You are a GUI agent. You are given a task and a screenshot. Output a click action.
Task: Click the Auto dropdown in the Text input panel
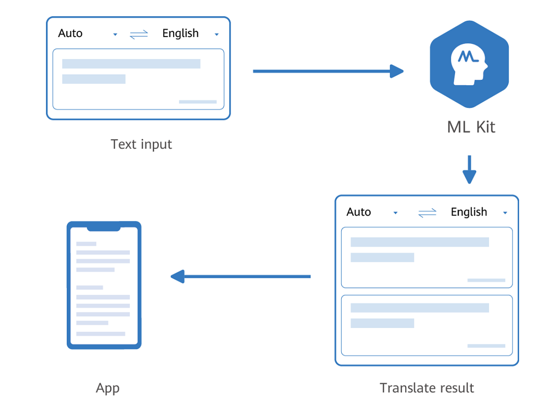[71, 33]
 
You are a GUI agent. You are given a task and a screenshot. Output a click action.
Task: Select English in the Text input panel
[181, 33]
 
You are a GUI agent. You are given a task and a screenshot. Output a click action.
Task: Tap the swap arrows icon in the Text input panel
[138, 34]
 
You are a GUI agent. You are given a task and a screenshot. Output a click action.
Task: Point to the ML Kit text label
[471, 127]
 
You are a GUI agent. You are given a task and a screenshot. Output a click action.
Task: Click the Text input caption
[141, 144]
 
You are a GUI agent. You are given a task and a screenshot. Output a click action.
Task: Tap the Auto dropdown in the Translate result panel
[359, 212]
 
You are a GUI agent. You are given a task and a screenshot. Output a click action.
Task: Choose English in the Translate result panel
[469, 212]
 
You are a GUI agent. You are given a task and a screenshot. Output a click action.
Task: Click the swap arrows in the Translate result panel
[427, 213]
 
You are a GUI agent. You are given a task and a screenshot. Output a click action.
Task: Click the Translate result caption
[427, 388]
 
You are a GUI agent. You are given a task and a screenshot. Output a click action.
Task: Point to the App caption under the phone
[108, 388]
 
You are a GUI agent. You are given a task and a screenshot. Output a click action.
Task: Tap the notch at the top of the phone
[104, 228]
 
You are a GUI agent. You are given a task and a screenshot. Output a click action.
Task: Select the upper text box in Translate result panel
[427, 257]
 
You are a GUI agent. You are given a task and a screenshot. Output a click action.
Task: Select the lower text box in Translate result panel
[427, 325]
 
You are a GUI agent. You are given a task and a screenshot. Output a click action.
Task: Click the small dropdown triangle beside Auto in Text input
[115, 35]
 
